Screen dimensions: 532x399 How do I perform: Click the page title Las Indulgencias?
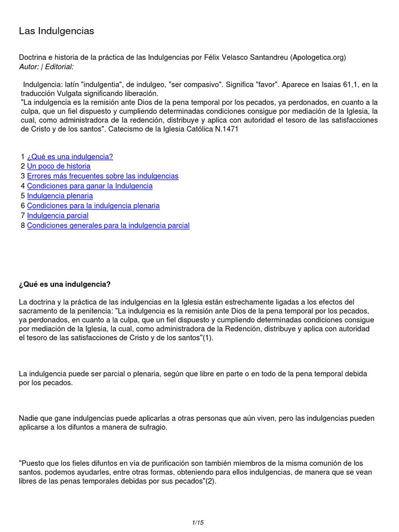coord(57,31)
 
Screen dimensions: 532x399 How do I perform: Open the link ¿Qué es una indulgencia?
coord(70,156)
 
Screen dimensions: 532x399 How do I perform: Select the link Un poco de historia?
coord(59,166)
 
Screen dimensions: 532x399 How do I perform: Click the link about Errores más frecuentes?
coord(102,176)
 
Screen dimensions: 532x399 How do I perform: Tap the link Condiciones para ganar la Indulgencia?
coord(89,186)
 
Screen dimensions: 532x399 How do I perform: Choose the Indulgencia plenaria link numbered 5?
coord(60,196)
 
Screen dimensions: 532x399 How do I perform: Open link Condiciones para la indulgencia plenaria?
coord(93,206)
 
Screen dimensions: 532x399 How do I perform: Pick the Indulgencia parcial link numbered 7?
coord(58,216)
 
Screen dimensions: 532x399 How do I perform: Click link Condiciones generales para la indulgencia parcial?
coord(108,225)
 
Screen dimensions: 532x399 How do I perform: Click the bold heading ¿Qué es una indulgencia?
coord(65,285)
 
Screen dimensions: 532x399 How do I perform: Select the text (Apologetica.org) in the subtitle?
coord(317,57)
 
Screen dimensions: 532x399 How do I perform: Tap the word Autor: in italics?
coord(30,67)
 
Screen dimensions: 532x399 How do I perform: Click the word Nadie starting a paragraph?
coord(29,418)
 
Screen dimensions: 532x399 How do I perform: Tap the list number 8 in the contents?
coord(23,225)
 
